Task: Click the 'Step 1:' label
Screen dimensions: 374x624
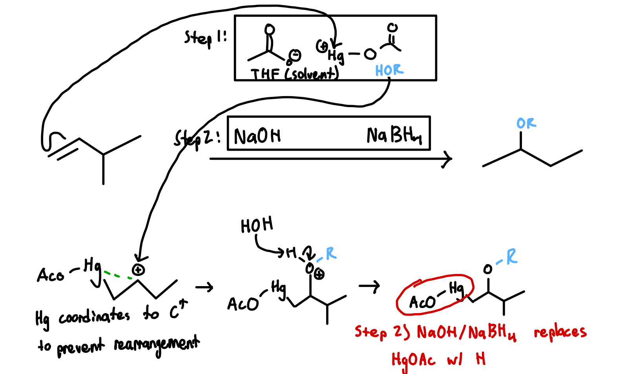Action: pyautogui.click(x=205, y=38)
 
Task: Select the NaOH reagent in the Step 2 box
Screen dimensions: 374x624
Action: pyautogui.click(x=257, y=136)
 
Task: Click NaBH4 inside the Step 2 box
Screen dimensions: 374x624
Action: pyautogui.click(x=394, y=135)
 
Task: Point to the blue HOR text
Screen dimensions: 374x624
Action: pyautogui.click(x=389, y=70)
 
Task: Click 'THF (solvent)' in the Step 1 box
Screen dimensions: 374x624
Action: pyautogui.click(x=294, y=73)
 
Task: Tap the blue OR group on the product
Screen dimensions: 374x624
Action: pyautogui.click(x=526, y=124)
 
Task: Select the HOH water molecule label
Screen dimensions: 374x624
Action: pyautogui.click(x=257, y=226)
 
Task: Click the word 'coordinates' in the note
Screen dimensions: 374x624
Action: pyautogui.click(x=94, y=316)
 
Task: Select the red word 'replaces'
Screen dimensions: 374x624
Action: pyautogui.click(x=560, y=333)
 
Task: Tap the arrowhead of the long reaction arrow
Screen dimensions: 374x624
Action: pyautogui.click(x=448, y=159)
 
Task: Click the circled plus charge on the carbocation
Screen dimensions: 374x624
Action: pyautogui.click(x=138, y=270)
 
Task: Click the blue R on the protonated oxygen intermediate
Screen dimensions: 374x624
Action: pyautogui.click(x=331, y=254)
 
